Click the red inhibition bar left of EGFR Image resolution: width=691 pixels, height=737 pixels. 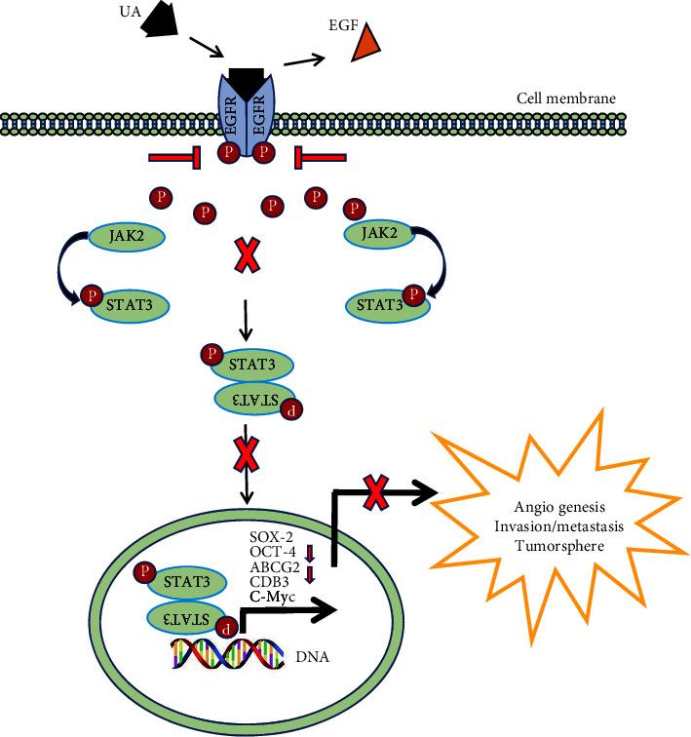pyautogui.click(x=176, y=159)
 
